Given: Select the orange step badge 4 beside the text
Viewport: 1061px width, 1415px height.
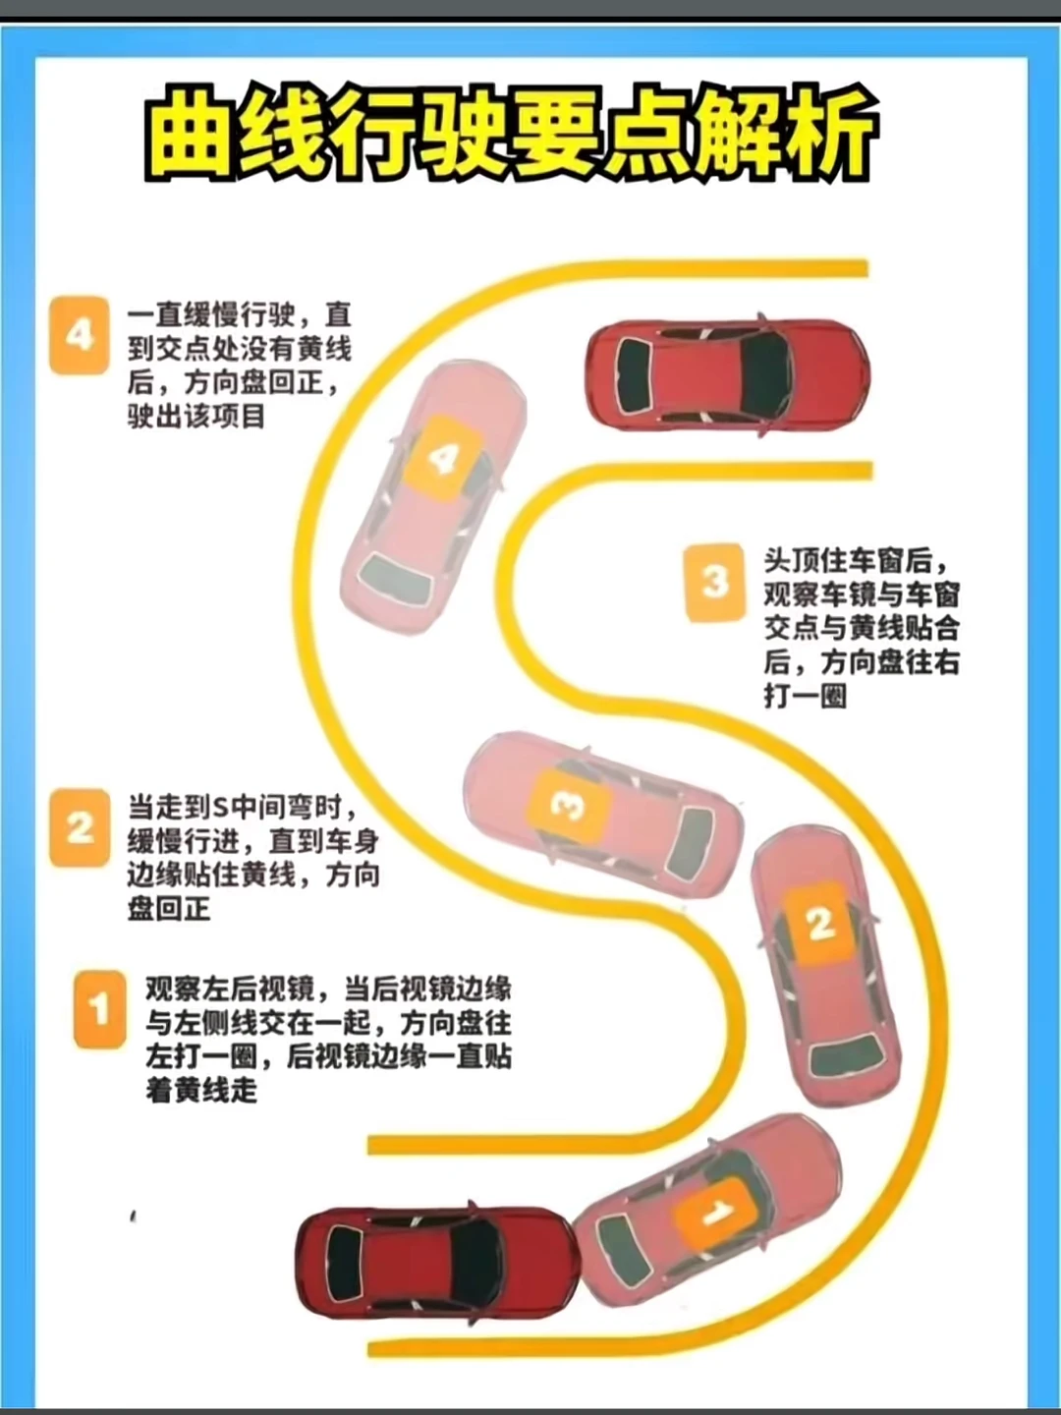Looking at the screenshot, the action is [80, 335].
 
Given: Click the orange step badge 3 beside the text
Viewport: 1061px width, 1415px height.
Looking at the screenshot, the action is [714, 582].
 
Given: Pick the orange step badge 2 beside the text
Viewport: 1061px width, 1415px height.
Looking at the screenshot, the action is [80, 827].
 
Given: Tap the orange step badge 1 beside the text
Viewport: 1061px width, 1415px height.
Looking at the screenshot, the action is [100, 1010].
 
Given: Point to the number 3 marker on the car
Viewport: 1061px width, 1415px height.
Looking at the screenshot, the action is [568, 805].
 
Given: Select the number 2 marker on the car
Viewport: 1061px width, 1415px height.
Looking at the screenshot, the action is [819, 924].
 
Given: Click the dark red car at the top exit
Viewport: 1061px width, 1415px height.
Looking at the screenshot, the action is [727, 375].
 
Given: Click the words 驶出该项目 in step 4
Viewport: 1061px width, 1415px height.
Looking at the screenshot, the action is [196, 417].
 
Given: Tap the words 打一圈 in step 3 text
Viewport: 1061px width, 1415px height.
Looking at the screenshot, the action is [806, 697].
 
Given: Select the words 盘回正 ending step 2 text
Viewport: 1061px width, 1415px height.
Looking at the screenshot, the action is [169, 909].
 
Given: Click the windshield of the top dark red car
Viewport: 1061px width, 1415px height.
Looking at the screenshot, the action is [765, 375].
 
